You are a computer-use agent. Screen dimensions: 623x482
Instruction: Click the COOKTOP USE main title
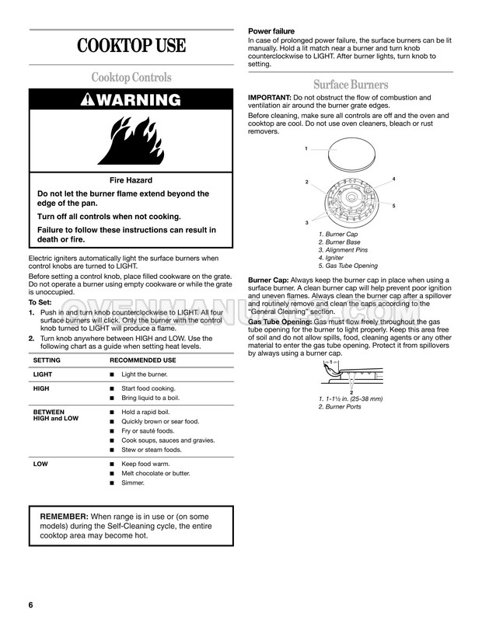(x=131, y=45)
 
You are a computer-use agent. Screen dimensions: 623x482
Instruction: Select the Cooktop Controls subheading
(x=131, y=78)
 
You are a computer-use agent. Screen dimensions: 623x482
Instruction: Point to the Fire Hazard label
(x=130, y=179)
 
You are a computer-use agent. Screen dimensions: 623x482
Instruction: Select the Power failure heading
(x=272, y=31)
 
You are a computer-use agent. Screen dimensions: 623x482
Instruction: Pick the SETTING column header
(x=48, y=361)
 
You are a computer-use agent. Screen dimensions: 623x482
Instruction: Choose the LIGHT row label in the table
(x=44, y=374)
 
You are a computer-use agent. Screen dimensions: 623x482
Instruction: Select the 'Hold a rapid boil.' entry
(x=146, y=412)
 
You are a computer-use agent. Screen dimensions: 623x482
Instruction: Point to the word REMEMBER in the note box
(x=65, y=517)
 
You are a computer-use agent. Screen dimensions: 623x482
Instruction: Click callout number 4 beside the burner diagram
(x=393, y=179)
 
